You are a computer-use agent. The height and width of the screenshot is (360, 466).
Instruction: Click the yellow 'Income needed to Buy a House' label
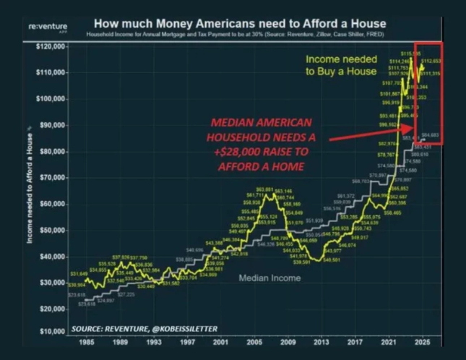click(x=341, y=65)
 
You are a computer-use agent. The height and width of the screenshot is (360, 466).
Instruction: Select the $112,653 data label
click(x=431, y=61)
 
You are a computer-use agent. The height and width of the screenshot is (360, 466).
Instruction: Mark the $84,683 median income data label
click(x=431, y=135)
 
